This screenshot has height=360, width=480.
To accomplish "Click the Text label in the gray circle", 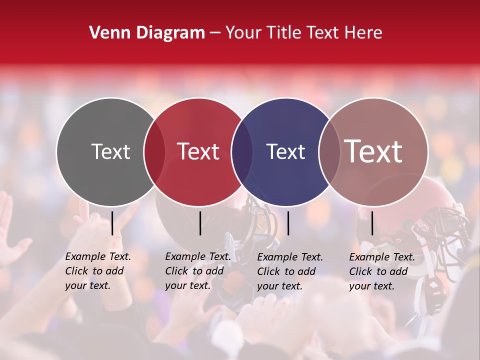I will coord(110,151).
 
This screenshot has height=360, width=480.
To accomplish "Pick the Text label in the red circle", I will coord(198,151).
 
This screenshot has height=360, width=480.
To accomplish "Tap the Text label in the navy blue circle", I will coord(285,151).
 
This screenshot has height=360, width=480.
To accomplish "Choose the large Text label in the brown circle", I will coord(373,151).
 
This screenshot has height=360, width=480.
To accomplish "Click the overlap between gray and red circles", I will coord(154,151).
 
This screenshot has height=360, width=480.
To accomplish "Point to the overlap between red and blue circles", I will coord(242,151).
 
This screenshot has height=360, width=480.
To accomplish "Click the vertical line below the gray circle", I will coord(112,223).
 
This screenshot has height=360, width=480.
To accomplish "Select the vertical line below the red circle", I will coord(200,223).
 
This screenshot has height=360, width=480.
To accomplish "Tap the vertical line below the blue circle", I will coord(288,223).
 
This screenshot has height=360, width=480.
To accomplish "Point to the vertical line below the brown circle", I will coord(372,223).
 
